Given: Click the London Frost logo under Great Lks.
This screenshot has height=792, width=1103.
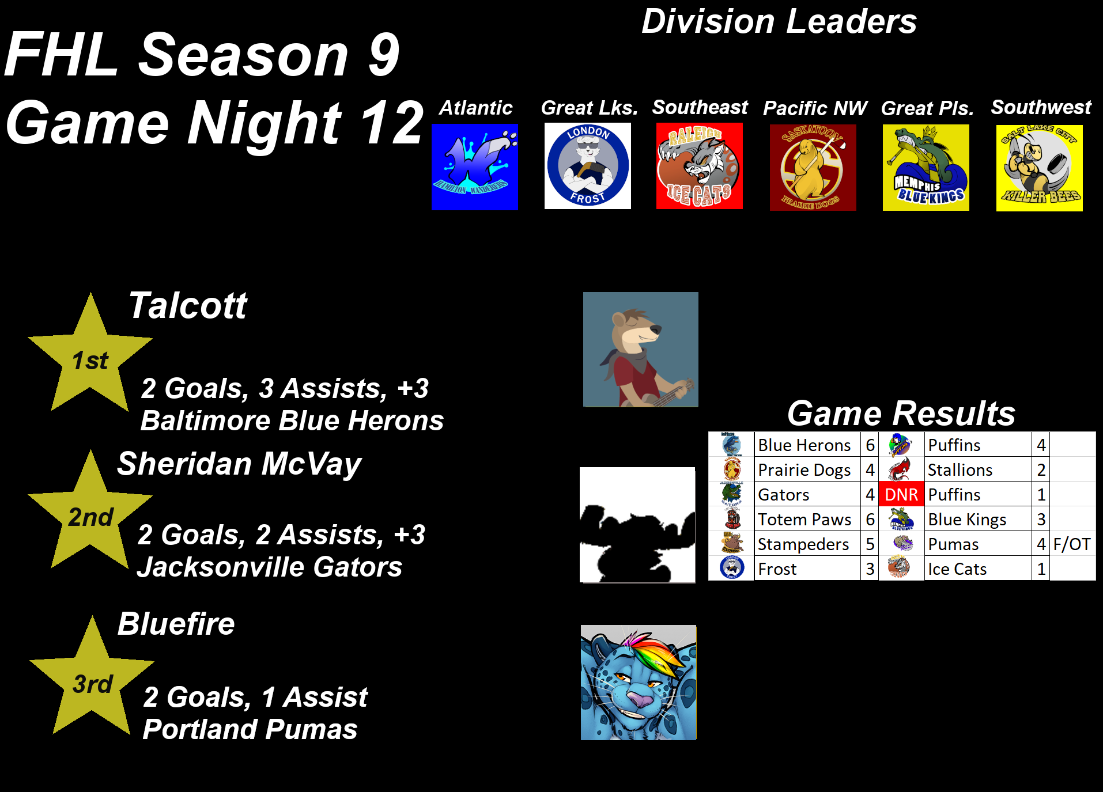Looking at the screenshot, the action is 587,166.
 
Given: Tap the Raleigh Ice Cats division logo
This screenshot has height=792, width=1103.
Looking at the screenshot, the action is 700,166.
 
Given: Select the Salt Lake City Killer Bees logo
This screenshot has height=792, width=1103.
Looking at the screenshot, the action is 1040,168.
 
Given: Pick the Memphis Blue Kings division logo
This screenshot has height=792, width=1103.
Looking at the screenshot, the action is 926,168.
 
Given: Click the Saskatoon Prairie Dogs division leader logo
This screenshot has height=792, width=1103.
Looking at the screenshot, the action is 813,168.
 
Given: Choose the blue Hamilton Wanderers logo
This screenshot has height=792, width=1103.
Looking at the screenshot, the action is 475,167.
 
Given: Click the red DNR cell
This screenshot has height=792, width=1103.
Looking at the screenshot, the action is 901,495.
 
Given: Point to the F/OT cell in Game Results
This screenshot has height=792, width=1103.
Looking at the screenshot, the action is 1072,544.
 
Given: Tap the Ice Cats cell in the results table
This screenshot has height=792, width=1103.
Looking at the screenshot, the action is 977,569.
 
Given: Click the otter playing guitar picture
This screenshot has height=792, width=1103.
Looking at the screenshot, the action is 641,350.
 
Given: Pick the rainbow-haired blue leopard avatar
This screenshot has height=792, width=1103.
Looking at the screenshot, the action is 639,683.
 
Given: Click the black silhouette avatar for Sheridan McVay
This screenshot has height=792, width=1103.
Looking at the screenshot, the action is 637,525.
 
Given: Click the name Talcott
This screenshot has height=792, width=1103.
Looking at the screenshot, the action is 188,305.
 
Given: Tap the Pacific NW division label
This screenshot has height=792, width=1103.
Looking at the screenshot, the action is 815,108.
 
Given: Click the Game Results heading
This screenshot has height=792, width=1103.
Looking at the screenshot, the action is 901,413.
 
